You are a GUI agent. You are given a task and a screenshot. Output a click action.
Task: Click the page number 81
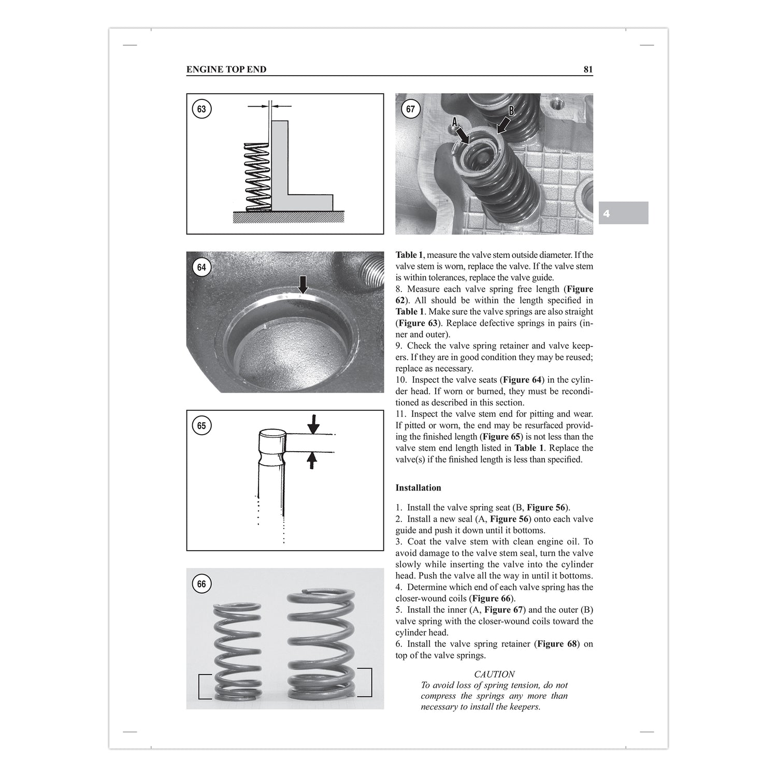coord(588,69)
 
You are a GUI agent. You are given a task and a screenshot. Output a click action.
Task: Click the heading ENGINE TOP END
coord(226,69)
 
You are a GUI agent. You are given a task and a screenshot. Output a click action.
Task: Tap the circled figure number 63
coord(202,109)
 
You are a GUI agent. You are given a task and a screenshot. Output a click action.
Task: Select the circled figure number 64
coord(202,267)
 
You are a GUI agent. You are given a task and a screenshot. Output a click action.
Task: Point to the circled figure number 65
coord(202,426)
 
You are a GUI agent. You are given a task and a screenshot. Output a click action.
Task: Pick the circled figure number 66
coord(202,584)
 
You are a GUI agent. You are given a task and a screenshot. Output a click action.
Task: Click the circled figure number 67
coord(410,109)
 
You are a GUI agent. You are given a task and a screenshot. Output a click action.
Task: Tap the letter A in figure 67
coord(455,122)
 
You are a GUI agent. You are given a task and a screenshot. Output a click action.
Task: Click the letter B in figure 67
coord(511,110)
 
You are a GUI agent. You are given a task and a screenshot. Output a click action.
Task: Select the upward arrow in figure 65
coord(312,459)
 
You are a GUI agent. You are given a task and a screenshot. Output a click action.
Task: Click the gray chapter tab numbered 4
coord(623,213)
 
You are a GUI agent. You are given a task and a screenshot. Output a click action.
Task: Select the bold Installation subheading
coord(418,488)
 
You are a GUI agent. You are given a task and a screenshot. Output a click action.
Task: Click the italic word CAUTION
coord(494,674)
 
